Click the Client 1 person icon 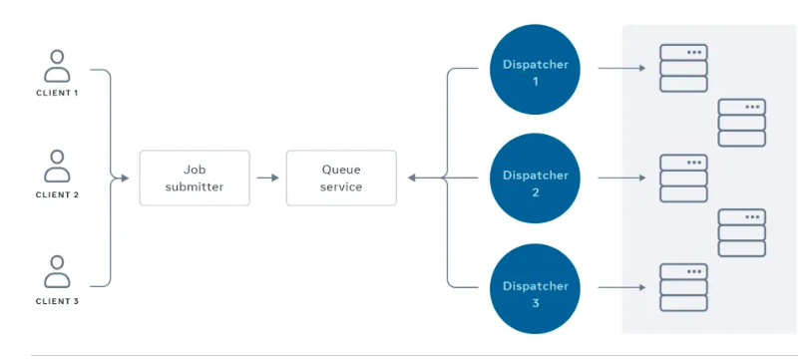pyautogui.click(x=57, y=66)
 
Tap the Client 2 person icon pyautogui.click(x=57, y=166)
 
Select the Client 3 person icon pyautogui.click(x=57, y=271)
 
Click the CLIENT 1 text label pyautogui.click(x=57, y=93)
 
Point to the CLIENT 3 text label pyautogui.click(x=57, y=301)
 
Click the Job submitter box pyautogui.click(x=195, y=178)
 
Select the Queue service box pyautogui.click(x=341, y=178)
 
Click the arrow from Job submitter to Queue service pyautogui.click(x=267, y=178)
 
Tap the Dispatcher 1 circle pyautogui.click(x=535, y=70)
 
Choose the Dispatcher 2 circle pyautogui.click(x=535, y=179)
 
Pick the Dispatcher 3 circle pyautogui.click(x=535, y=289)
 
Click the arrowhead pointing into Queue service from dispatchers pyautogui.click(x=411, y=178)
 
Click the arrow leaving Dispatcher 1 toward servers pyautogui.click(x=621, y=68)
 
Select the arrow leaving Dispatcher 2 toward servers pyautogui.click(x=621, y=178)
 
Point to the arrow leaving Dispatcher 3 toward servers pyautogui.click(x=621, y=287)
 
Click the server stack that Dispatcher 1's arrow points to pyautogui.click(x=683, y=69)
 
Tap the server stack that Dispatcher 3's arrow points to pyautogui.click(x=683, y=287)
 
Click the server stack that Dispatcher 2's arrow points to pyautogui.click(x=683, y=179)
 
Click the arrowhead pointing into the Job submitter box pyautogui.click(x=125, y=178)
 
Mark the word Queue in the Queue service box pyautogui.click(x=341, y=170)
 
